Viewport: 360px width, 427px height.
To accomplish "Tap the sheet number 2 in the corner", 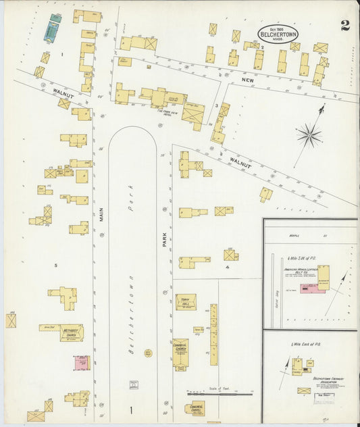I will pos(345,26).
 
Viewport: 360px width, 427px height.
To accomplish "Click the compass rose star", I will pos(309,135).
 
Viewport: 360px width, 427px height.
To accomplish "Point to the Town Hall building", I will pos(186,301).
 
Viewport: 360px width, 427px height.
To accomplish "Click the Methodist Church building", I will pos(71,332).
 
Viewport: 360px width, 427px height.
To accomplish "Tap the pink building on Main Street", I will pos(82,363).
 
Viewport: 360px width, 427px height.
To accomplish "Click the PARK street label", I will pos(164,240).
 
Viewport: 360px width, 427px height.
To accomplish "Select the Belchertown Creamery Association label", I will pos(329,380).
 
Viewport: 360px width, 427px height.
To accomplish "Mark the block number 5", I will pos(55,265).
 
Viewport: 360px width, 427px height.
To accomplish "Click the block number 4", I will pos(228,267).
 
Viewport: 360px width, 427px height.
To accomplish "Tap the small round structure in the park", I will pos(148,353).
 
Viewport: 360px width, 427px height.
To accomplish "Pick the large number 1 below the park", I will pos(130,410).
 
